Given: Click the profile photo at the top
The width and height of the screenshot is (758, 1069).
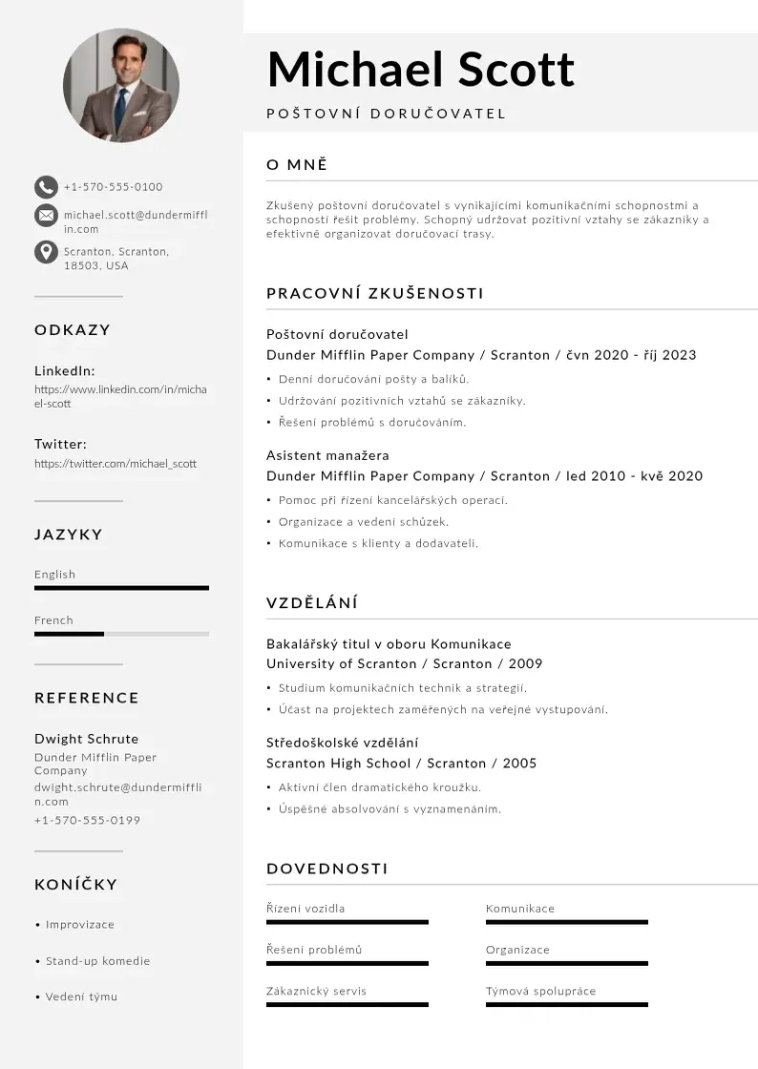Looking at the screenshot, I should (x=121, y=85).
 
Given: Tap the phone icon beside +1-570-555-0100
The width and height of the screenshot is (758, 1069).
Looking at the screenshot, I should (x=46, y=187).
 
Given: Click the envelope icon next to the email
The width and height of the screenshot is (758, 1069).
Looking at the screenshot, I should (x=46, y=216).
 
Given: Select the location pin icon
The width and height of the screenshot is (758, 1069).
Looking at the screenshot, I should (x=46, y=252).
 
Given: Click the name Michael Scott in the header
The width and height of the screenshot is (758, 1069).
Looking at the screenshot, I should (x=420, y=70).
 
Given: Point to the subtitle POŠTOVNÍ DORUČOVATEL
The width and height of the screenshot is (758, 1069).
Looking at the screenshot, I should (x=386, y=115).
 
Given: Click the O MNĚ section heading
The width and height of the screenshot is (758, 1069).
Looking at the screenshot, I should (x=297, y=165).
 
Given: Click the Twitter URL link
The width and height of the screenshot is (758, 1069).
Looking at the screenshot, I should (x=116, y=464).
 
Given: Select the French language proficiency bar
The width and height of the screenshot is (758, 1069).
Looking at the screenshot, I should (x=121, y=634).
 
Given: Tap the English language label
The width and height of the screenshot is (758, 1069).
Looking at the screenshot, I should (x=54, y=575).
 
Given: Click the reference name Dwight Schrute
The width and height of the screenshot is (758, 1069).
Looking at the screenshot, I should (x=86, y=739).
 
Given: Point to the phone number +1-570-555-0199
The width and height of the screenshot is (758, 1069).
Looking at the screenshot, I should (x=87, y=820).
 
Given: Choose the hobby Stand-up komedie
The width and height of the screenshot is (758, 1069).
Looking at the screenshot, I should (x=97, y=961).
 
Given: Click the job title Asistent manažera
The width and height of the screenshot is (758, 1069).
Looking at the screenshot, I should (x=327, y=455).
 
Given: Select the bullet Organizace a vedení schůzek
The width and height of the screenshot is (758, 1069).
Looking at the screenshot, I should (x=363, y=522).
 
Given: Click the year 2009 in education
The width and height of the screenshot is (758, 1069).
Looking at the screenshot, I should (x=525, y=663).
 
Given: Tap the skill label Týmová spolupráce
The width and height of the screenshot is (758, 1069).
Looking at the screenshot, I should (x=540, y=991).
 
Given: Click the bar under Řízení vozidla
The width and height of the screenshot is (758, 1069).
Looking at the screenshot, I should (x=347, y=922).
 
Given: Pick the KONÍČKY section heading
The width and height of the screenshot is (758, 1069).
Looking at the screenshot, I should (x=76, y=885).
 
